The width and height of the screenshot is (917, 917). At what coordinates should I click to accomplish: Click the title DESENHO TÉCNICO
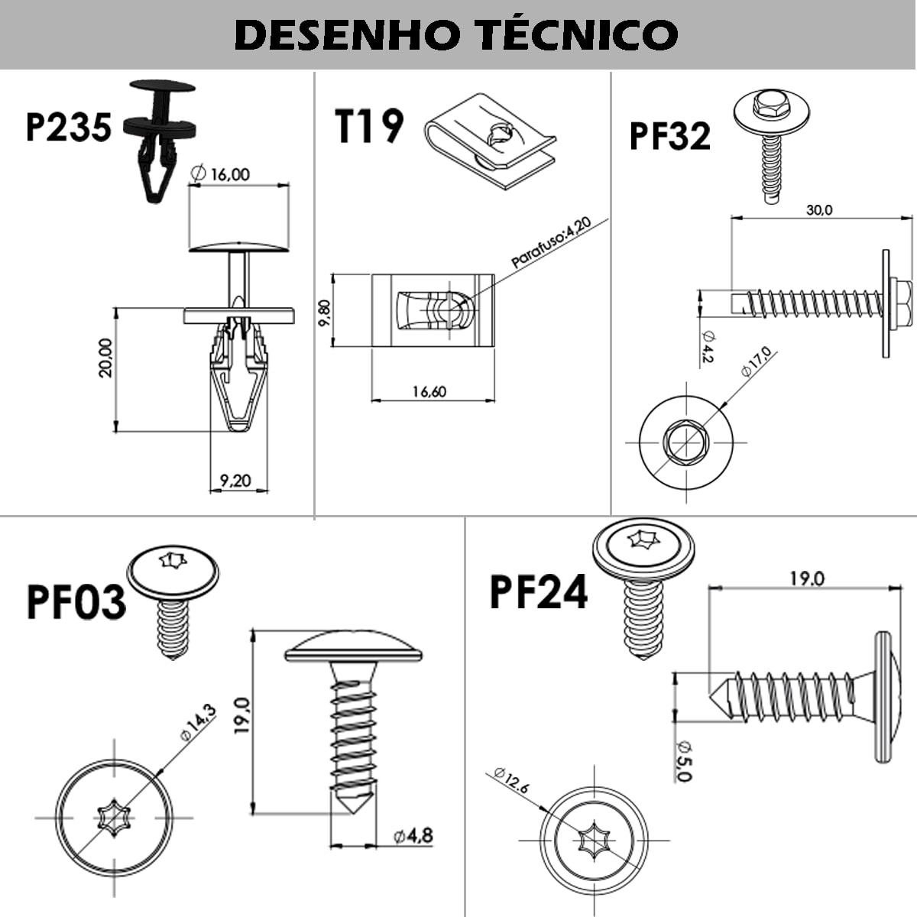click(456, 34)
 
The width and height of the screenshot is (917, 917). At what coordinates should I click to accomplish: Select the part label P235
click(69, 127)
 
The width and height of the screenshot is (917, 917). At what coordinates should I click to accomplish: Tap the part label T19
click(369, 126)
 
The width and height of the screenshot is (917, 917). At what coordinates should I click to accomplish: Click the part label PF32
click(669, 135)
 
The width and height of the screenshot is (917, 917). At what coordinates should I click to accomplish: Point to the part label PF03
click(76, 601)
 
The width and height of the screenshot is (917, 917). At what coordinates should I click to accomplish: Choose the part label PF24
click(539, 591)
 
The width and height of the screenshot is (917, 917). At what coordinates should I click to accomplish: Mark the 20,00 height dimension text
click(105, 358)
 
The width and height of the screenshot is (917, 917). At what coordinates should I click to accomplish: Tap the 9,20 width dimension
click(235, 481)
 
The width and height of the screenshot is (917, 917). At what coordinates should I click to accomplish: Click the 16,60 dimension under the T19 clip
click(429, 392)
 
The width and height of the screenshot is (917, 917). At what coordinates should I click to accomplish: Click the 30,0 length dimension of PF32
click(818, 209)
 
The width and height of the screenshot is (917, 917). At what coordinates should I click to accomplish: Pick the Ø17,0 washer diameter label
click(757, 361)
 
